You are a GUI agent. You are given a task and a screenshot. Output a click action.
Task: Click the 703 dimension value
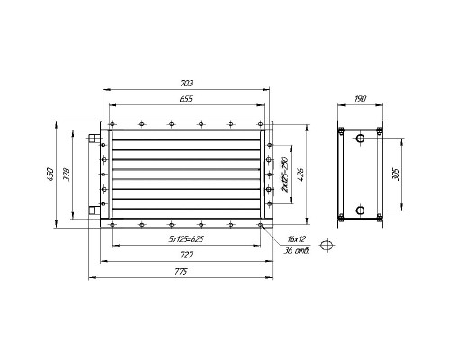tap(186, 83)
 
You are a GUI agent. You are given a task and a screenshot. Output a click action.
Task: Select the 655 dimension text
tap(186, 99)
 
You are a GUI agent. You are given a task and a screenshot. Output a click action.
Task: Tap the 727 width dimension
tap(186, 255)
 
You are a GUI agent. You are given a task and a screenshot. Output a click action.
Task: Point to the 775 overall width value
tap(181, 272)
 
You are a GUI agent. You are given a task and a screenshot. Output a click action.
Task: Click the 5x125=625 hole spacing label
tap(186, 239)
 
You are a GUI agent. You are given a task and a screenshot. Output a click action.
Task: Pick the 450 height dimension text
tap(50, 175)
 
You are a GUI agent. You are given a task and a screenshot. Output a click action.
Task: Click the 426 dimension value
tap(301, 175)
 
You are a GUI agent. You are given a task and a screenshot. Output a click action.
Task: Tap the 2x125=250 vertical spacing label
tap(284, 175)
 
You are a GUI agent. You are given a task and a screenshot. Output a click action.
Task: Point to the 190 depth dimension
tap(360, 99)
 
